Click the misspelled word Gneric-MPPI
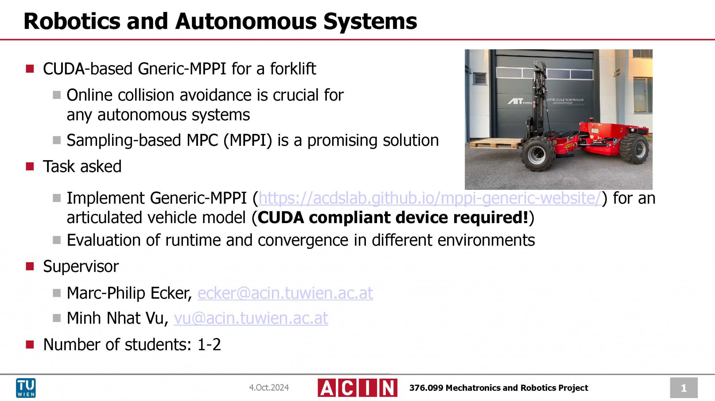point(182,69)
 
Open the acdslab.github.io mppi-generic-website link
point(429,198)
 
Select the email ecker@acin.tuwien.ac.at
point(285,293)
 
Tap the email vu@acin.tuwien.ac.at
point(251,318)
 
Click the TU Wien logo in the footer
point(26,387)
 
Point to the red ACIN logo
point(357,388)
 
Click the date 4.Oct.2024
point(268,388)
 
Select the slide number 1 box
point(683,388)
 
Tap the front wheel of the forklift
point(537,154)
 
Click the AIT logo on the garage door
point(515,101)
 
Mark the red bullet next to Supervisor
point(30,267)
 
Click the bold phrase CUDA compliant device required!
point(393,218)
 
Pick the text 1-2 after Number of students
point(209,345)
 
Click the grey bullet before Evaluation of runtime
point(57,240)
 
